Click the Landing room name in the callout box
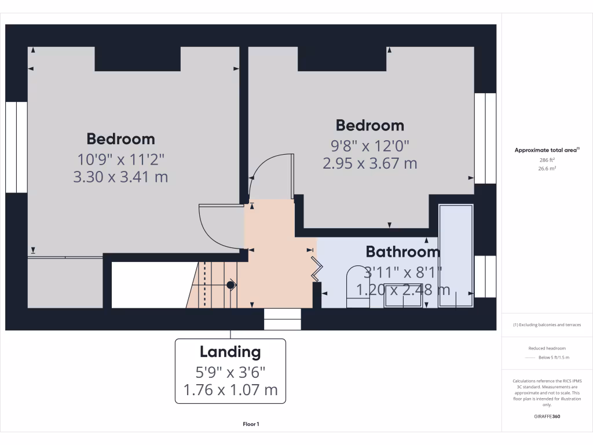click(x=230, y=352)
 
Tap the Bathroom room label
click(x=402, y=252)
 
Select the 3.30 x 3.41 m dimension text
click(x=120, y=177)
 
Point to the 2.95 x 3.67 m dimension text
click(x=369, y=163)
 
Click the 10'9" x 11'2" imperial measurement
click(x=120, y=158)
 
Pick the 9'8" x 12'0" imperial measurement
click(x=369, y=145)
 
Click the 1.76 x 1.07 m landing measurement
click(x=230, y=390)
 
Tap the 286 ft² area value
click(x=547, y=159)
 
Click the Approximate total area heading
click(x=547, y=150)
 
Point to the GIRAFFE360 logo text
click(x=547, y=416)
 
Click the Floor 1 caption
click(x=251, y=425)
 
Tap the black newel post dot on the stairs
click(x=230, y=284)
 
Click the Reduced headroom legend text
click(x=547, y=348)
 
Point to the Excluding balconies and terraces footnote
click(x=547, y=325)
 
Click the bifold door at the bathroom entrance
click(x=317, y=268)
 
